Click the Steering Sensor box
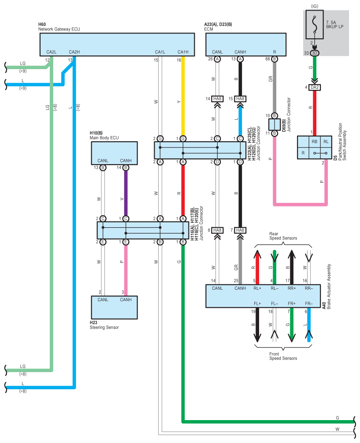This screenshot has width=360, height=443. click(114, 307)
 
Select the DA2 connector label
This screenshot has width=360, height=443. click(314, 87)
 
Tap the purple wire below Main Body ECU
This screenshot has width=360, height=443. click(126, 194)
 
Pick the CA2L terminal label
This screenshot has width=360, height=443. click(52, 52)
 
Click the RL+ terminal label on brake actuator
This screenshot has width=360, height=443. click(257, 289)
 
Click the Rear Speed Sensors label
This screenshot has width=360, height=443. click(283, 236)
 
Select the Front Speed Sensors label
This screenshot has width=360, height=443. click(283, 356)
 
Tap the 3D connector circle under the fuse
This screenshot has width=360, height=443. click(314, 53)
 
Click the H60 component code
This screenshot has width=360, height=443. click(43, 25)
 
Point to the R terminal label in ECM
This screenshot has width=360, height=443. click(275, 52)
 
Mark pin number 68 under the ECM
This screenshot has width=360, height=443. click(267, 59)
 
